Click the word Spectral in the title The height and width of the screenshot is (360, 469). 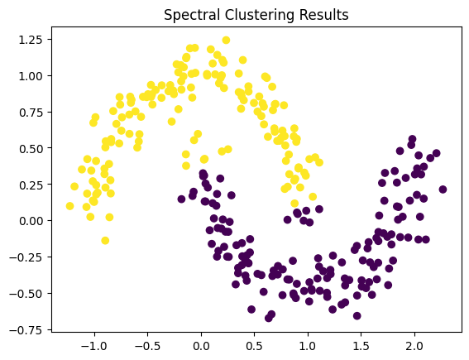[x=192, y=15]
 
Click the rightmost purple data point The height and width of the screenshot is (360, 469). [x=443, y=190]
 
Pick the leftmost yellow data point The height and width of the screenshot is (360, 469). [x=69, y=206]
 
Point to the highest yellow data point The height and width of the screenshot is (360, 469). [x=226, y=40]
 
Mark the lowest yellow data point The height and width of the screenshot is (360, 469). [x=105, y=241]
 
